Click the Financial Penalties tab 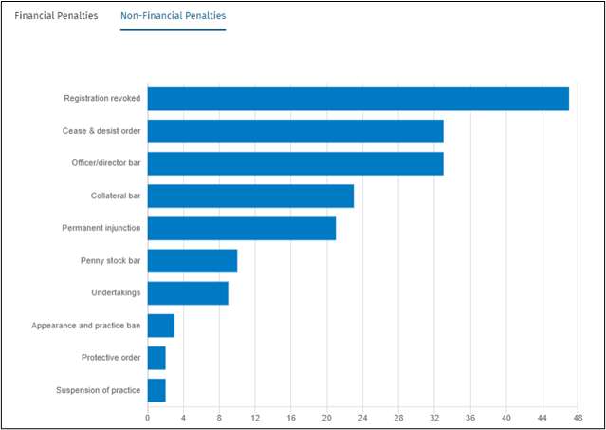coord(56,16)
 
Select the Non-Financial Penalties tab coord(173,16)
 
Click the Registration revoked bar coord(358,99)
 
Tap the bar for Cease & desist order coord(295,131)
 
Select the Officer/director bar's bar coord(295,163)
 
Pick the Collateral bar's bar coord(250,196)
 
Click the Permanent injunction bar coord(241,229)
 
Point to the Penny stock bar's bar coord(192,261)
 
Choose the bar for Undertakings coord(188,293)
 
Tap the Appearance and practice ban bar coord(160,327)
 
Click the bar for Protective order coord(156,359)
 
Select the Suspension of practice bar coord(156,391)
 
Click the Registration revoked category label coord(102,99)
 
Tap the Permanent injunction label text coord(101,229)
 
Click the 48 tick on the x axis coord(578,417)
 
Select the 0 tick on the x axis coord(148,417)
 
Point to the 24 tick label coord(362,417)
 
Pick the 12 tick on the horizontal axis coord(255,417)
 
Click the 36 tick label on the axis coord(470,417)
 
